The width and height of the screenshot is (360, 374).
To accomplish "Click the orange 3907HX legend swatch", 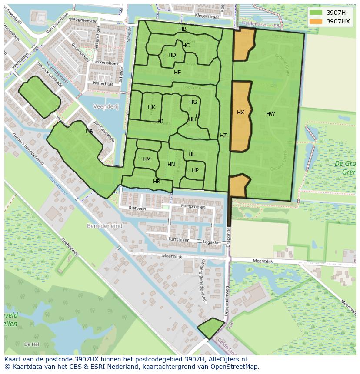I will tap(316, 21).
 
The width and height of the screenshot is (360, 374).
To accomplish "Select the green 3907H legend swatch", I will tap(316, 13).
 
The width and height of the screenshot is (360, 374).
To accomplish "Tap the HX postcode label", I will tap(240, 113).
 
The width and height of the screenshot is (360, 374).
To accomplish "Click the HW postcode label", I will tap(270, 114).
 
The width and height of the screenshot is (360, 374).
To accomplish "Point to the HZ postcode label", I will tap(223, 136).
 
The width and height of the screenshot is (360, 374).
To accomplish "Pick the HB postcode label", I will tap(183, 29).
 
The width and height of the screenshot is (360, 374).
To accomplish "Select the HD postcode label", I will tap(172, 55).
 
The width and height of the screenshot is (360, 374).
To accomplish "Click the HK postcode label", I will tap(151, 107).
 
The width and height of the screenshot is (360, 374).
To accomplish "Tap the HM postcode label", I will tap(147, 159).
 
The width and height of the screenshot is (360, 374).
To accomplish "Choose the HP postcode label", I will tap(195, 170).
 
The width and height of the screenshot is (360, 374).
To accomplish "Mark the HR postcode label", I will tap(157, 182).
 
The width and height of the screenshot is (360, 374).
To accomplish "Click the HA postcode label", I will tap(89, 131).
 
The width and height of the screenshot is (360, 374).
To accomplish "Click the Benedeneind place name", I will tap(105, 226).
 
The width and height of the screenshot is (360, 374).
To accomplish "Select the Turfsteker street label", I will tap(178, 239).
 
